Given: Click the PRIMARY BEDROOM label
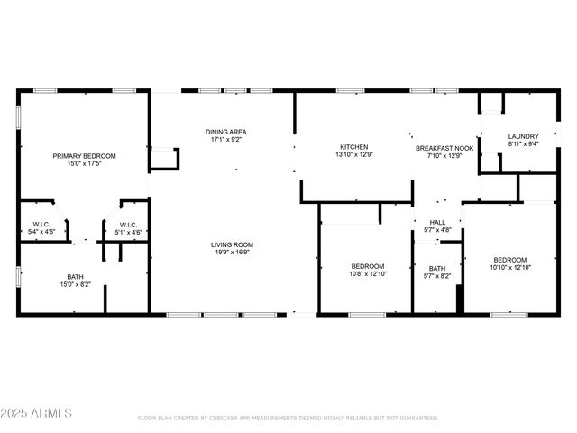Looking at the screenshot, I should click(84, 156).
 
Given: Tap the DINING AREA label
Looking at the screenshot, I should click(227, 132).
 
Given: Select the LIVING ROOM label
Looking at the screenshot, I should click(232, 244).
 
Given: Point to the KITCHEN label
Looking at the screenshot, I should click(353, 147).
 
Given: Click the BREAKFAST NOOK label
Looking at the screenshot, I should click(444, 147).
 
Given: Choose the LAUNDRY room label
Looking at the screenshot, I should click(523, 136).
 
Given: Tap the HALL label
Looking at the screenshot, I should click(437, 222).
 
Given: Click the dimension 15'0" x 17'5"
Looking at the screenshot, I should click(84, 164).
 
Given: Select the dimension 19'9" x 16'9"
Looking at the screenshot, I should click(232, 253).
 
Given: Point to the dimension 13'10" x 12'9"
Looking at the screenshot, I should click(353, 155).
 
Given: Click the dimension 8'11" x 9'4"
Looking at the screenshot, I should click(523, 144).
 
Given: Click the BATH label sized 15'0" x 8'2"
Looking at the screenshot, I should click(75, 277).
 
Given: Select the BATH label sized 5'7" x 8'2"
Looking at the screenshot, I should click(437, 268).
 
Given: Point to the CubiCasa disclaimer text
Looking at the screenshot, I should click(288, 419).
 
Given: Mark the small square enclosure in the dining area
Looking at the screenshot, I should click(164, 159).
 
